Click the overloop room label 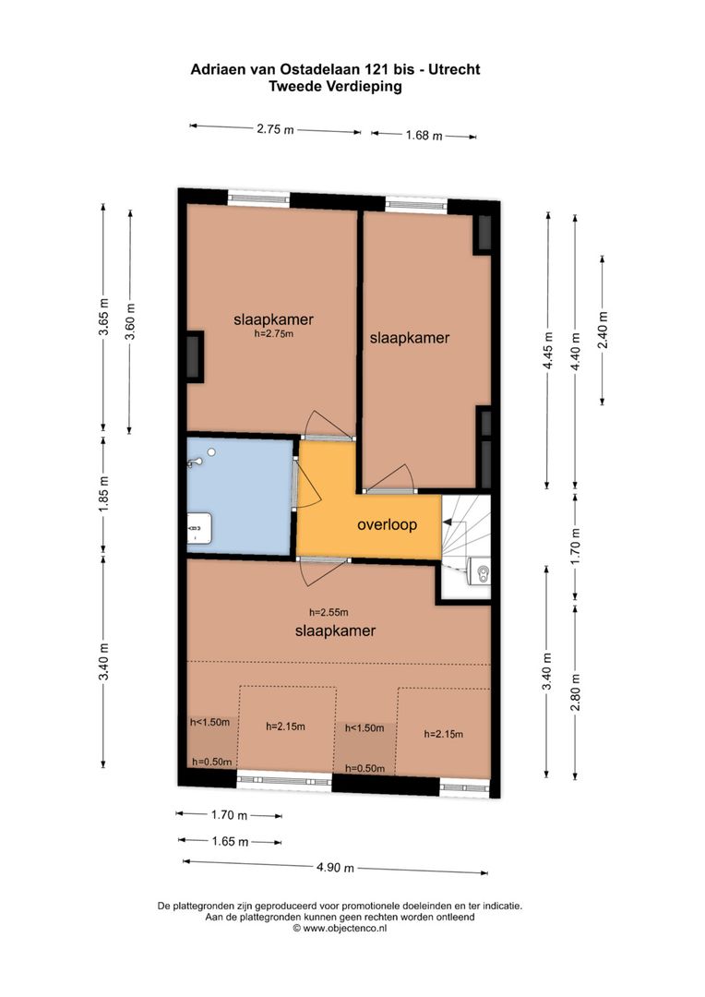(x=387, y=524)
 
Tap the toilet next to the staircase (x=479, y=572)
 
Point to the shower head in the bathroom (x=210, y=452)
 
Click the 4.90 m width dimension (x=334, y=868)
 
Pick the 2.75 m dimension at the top (x=275, y=130)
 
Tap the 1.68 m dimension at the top (x=424, y=136)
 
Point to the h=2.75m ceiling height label (x=273, y=334)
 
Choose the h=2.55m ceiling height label (x=329, y=612)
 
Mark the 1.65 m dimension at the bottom (x=230, y=841)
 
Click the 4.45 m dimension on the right (x=548, y=351)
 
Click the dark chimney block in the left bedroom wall (x=195, y=357)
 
